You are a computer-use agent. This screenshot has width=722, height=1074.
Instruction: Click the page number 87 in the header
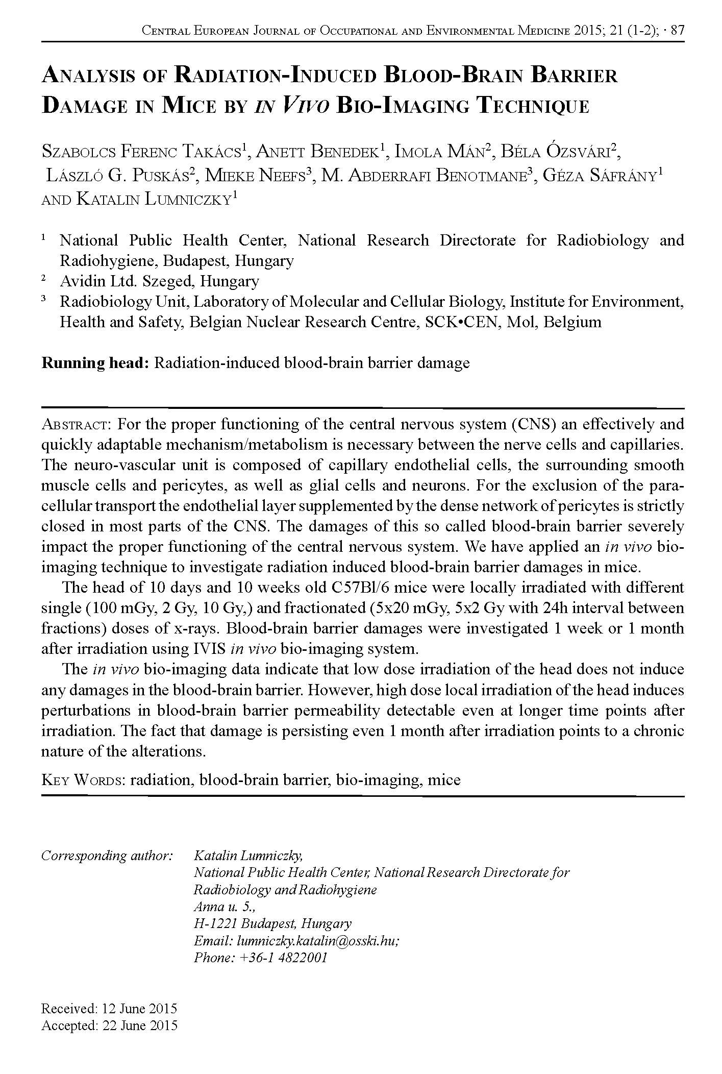coord(677,31)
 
